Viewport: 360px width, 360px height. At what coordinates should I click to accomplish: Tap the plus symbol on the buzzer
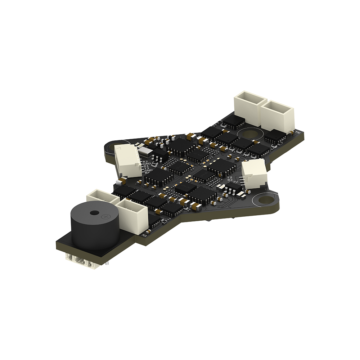coord(106,217)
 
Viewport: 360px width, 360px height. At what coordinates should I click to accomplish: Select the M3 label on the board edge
coord(145,235)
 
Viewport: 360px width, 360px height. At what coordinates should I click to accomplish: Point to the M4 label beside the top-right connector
coord(298,132)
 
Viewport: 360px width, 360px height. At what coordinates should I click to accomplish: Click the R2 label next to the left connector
coord(145,161)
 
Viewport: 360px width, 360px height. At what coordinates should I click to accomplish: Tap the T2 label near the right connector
coord(230,178)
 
